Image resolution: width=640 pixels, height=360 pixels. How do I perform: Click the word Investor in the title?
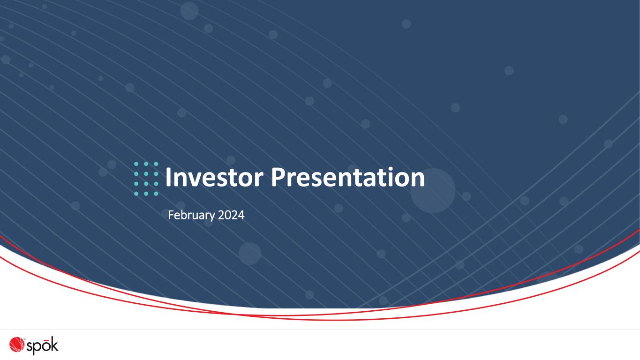[214, 178]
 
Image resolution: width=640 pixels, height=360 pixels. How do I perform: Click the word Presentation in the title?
[348, 178]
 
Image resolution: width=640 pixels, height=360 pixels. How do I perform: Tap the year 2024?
[231, 215]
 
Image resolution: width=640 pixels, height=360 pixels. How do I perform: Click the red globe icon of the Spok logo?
[16, 344]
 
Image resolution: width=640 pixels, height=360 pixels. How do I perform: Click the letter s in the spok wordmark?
[30, 346]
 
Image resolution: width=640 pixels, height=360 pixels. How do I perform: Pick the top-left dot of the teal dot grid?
[136, 164]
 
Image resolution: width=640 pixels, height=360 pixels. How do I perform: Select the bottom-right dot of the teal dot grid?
[156, 194]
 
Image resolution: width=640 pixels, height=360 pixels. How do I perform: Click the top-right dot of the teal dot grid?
[156, 164]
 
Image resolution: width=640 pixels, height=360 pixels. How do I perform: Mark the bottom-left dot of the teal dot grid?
[136, 194]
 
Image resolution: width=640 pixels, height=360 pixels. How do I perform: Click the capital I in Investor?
[168, 178]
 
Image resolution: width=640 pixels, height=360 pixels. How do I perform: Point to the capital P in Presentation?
[278, 178]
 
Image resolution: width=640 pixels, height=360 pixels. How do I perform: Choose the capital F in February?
[171, 215]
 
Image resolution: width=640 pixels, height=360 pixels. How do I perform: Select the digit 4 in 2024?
[241, 215]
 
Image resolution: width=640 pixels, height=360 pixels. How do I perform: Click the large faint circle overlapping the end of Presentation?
[433, 191]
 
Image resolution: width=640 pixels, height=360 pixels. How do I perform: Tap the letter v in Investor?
[194, 180]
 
